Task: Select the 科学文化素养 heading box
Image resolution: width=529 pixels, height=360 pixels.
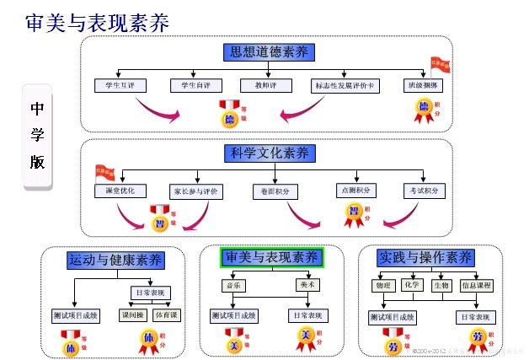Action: tap(270, 153)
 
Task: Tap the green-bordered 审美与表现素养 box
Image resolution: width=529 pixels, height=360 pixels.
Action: tap(271, 257)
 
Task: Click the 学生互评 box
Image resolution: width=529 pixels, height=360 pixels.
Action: tap(120, 86)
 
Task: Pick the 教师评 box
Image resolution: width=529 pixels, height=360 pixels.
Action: tap(255, 86)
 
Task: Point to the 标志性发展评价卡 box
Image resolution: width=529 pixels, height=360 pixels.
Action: tap(345, 86)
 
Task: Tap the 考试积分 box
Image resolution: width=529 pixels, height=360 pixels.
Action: tap(424, 191)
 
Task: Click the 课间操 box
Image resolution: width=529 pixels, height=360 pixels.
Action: tap(131, 315)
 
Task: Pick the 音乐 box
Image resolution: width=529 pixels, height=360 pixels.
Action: tap(233, 286)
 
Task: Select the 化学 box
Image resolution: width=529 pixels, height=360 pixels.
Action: tap(411, 285)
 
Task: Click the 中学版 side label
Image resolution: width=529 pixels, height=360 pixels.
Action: tap(38, 135)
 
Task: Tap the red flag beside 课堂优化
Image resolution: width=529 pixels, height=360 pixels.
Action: tap(104, 173)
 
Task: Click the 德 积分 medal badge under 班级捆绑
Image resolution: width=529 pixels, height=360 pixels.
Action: tap(425, 108)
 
